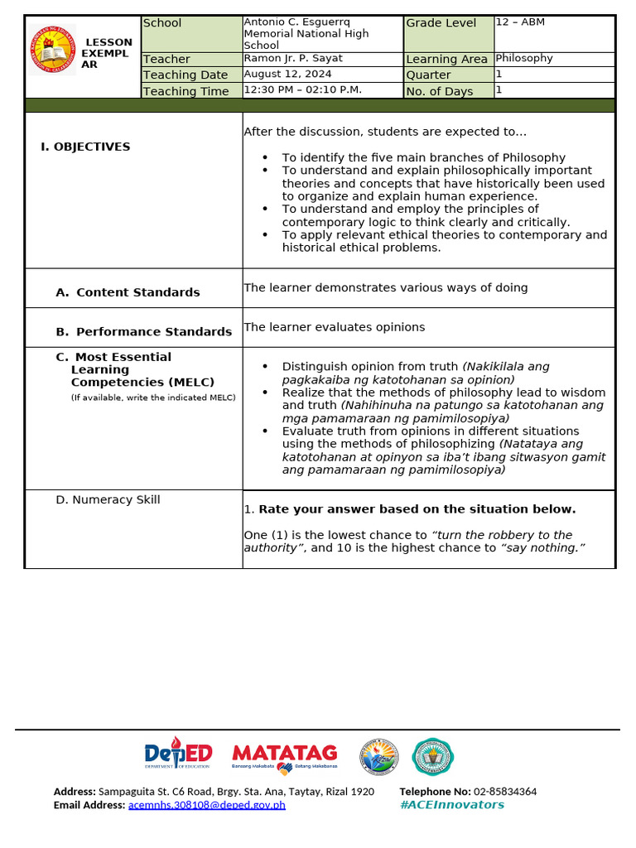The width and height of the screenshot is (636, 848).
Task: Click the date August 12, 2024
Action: click(287, 75)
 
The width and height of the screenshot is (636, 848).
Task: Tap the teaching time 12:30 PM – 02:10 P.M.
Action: click(302, 90)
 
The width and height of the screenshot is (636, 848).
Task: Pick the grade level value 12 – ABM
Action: click(520, 22)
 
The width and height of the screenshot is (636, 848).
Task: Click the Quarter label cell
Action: click(428, 75)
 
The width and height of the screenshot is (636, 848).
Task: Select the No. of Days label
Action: click(440, 91)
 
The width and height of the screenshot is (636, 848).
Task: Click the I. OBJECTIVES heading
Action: click(85, 147)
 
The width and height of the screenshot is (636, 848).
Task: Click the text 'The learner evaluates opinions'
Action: click(334, 327)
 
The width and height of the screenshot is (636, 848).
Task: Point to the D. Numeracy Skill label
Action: click(108, 499)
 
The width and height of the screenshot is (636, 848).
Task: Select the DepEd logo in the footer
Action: click(178, 754)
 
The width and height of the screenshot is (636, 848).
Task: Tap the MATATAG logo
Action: click(285, 755)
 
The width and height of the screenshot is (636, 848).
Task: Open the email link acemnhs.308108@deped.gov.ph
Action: click(206, 805)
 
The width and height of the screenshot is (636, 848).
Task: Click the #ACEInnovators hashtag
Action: click(451, 805)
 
